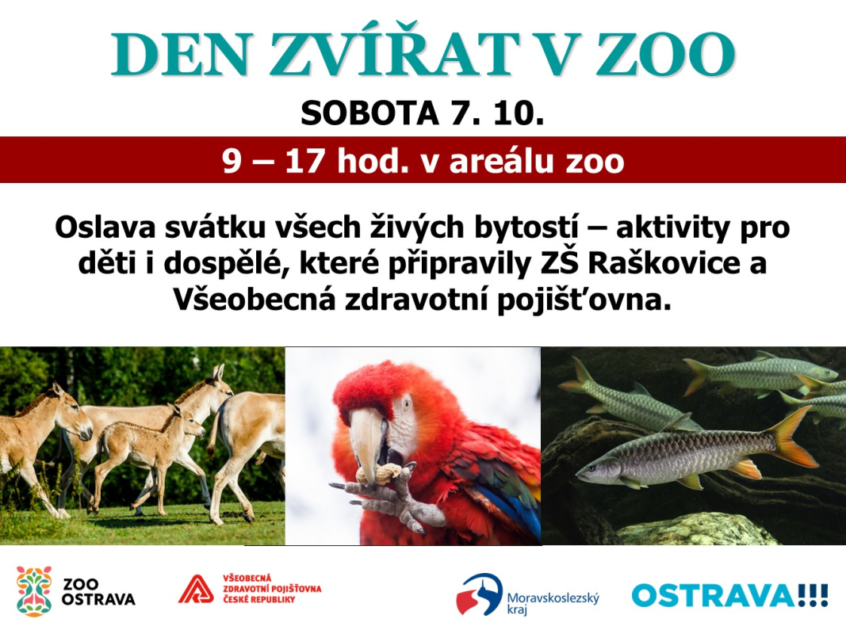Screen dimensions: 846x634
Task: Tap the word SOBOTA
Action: (369, 113)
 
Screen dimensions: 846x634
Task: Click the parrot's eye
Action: (407, 403)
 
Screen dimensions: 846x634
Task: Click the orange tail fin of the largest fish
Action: (791, 437)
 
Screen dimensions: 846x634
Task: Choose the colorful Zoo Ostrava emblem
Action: (34, 591)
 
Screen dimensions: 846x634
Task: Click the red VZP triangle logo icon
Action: (196, 589)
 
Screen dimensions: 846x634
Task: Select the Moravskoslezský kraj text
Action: (553, 603)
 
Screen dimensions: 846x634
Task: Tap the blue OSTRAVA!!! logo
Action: (730, 595)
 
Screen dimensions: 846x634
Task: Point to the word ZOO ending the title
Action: (665, 53)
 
